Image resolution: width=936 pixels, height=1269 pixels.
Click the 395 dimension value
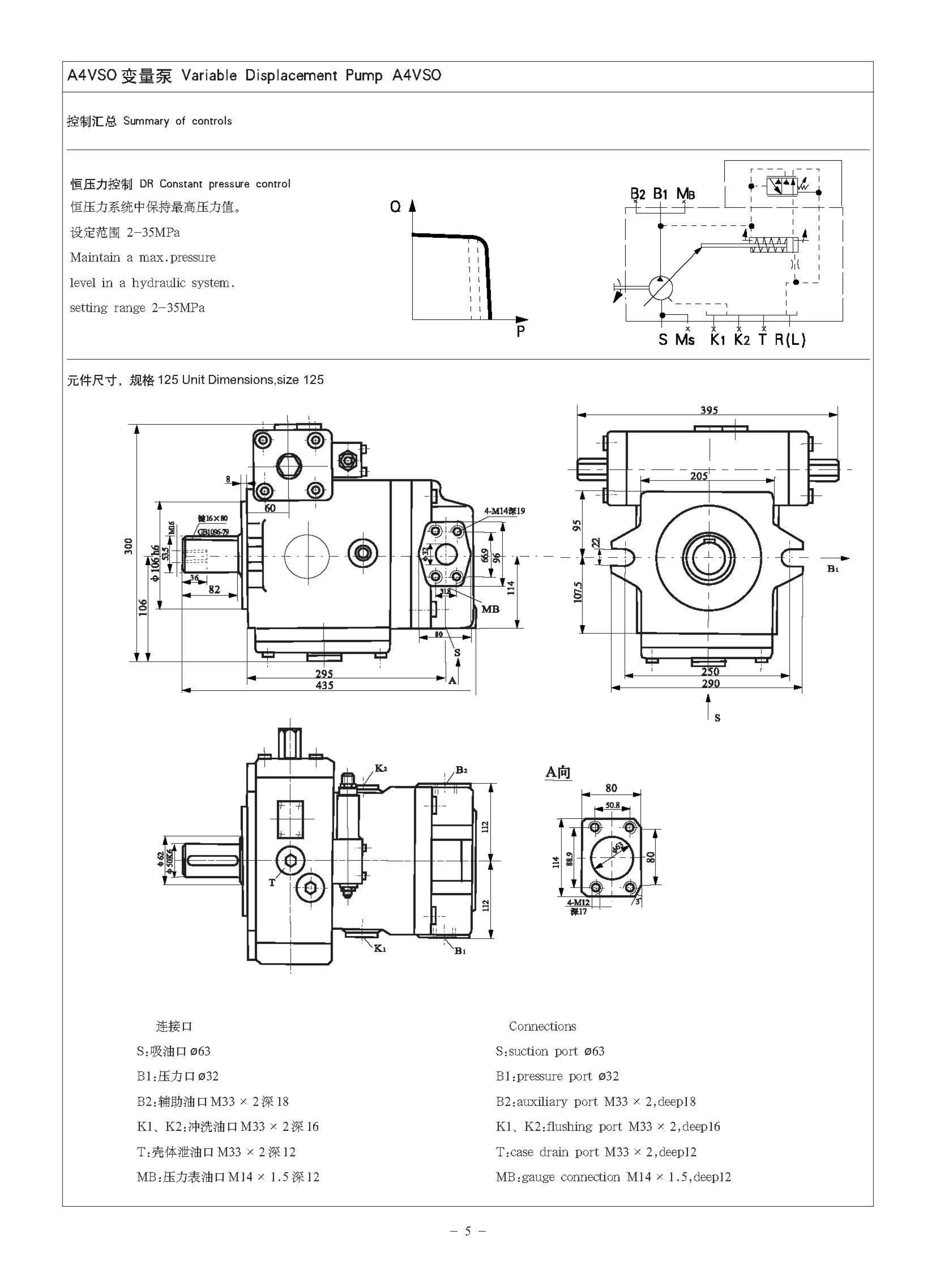(709, 410)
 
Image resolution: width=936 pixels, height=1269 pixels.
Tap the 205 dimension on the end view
(699, 476)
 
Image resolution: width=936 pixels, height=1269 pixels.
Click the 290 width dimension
(711, 683)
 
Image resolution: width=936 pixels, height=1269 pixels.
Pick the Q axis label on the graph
(395, 207)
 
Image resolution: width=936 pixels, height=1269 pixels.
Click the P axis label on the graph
(521, 332)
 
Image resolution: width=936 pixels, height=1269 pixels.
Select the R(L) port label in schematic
(790, 340)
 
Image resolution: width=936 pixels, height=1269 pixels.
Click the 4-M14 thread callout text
(504, 510)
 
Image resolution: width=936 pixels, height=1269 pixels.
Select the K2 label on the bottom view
(381, 769)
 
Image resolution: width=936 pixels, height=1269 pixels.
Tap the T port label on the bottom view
(272, 882)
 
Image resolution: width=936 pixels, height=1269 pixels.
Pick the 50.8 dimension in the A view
(612, 805)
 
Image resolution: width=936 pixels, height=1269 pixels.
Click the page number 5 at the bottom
(467, 1230)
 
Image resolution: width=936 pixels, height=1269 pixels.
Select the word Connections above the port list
(542, 1026)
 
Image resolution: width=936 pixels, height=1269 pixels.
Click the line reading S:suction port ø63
(550, 1052)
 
